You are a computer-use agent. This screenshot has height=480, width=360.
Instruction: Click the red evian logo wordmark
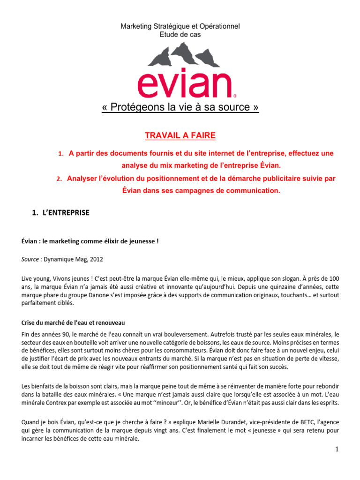pos(180,84)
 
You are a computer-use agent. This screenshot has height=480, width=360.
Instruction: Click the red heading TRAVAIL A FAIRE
pos(180,135)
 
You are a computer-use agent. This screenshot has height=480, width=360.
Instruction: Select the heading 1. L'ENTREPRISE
pos(60,212)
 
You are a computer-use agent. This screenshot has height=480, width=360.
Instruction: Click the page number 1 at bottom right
pos(337,449)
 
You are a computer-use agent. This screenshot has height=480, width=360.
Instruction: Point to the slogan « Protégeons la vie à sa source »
pos(180,107)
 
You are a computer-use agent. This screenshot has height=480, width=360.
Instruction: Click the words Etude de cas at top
pos(180,34)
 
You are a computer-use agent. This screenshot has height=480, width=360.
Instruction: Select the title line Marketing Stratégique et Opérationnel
pos(180,27)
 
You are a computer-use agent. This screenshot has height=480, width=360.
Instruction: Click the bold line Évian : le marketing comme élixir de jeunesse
pos(90,241)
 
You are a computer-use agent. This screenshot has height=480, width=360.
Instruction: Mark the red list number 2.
pos(60,179)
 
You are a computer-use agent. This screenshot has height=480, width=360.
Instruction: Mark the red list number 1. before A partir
pos(60,154)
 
